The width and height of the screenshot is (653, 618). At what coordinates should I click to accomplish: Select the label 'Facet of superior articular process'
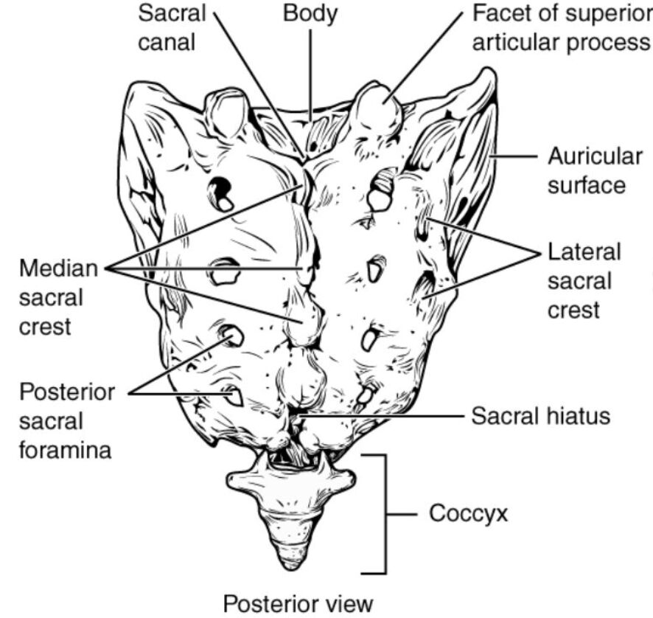click(x=561, y=27)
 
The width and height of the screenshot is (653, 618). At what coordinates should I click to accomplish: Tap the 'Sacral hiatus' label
click(x=540, y=416)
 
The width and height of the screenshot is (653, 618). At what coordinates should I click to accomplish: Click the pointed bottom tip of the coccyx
click(x=288, y=563)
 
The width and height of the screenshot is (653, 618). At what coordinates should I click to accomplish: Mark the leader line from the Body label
click(x=310, y=74)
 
